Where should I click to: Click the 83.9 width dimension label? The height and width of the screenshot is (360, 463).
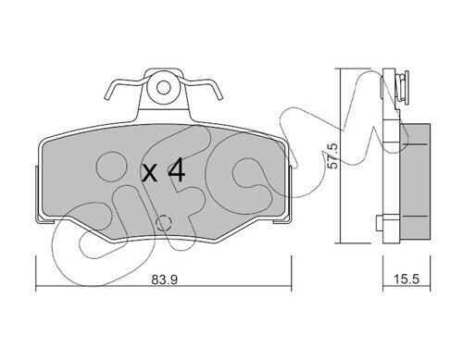[x=164, y=279]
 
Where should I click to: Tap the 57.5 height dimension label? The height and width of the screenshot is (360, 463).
[x=332, y=156]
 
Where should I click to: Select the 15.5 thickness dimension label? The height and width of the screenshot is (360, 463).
[x=407, y=279]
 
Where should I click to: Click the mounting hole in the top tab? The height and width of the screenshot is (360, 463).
[x=163, y=88]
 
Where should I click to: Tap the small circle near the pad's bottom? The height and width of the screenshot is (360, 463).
[x=164, y=223]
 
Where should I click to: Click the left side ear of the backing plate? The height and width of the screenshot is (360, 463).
[x=37, y=193]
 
